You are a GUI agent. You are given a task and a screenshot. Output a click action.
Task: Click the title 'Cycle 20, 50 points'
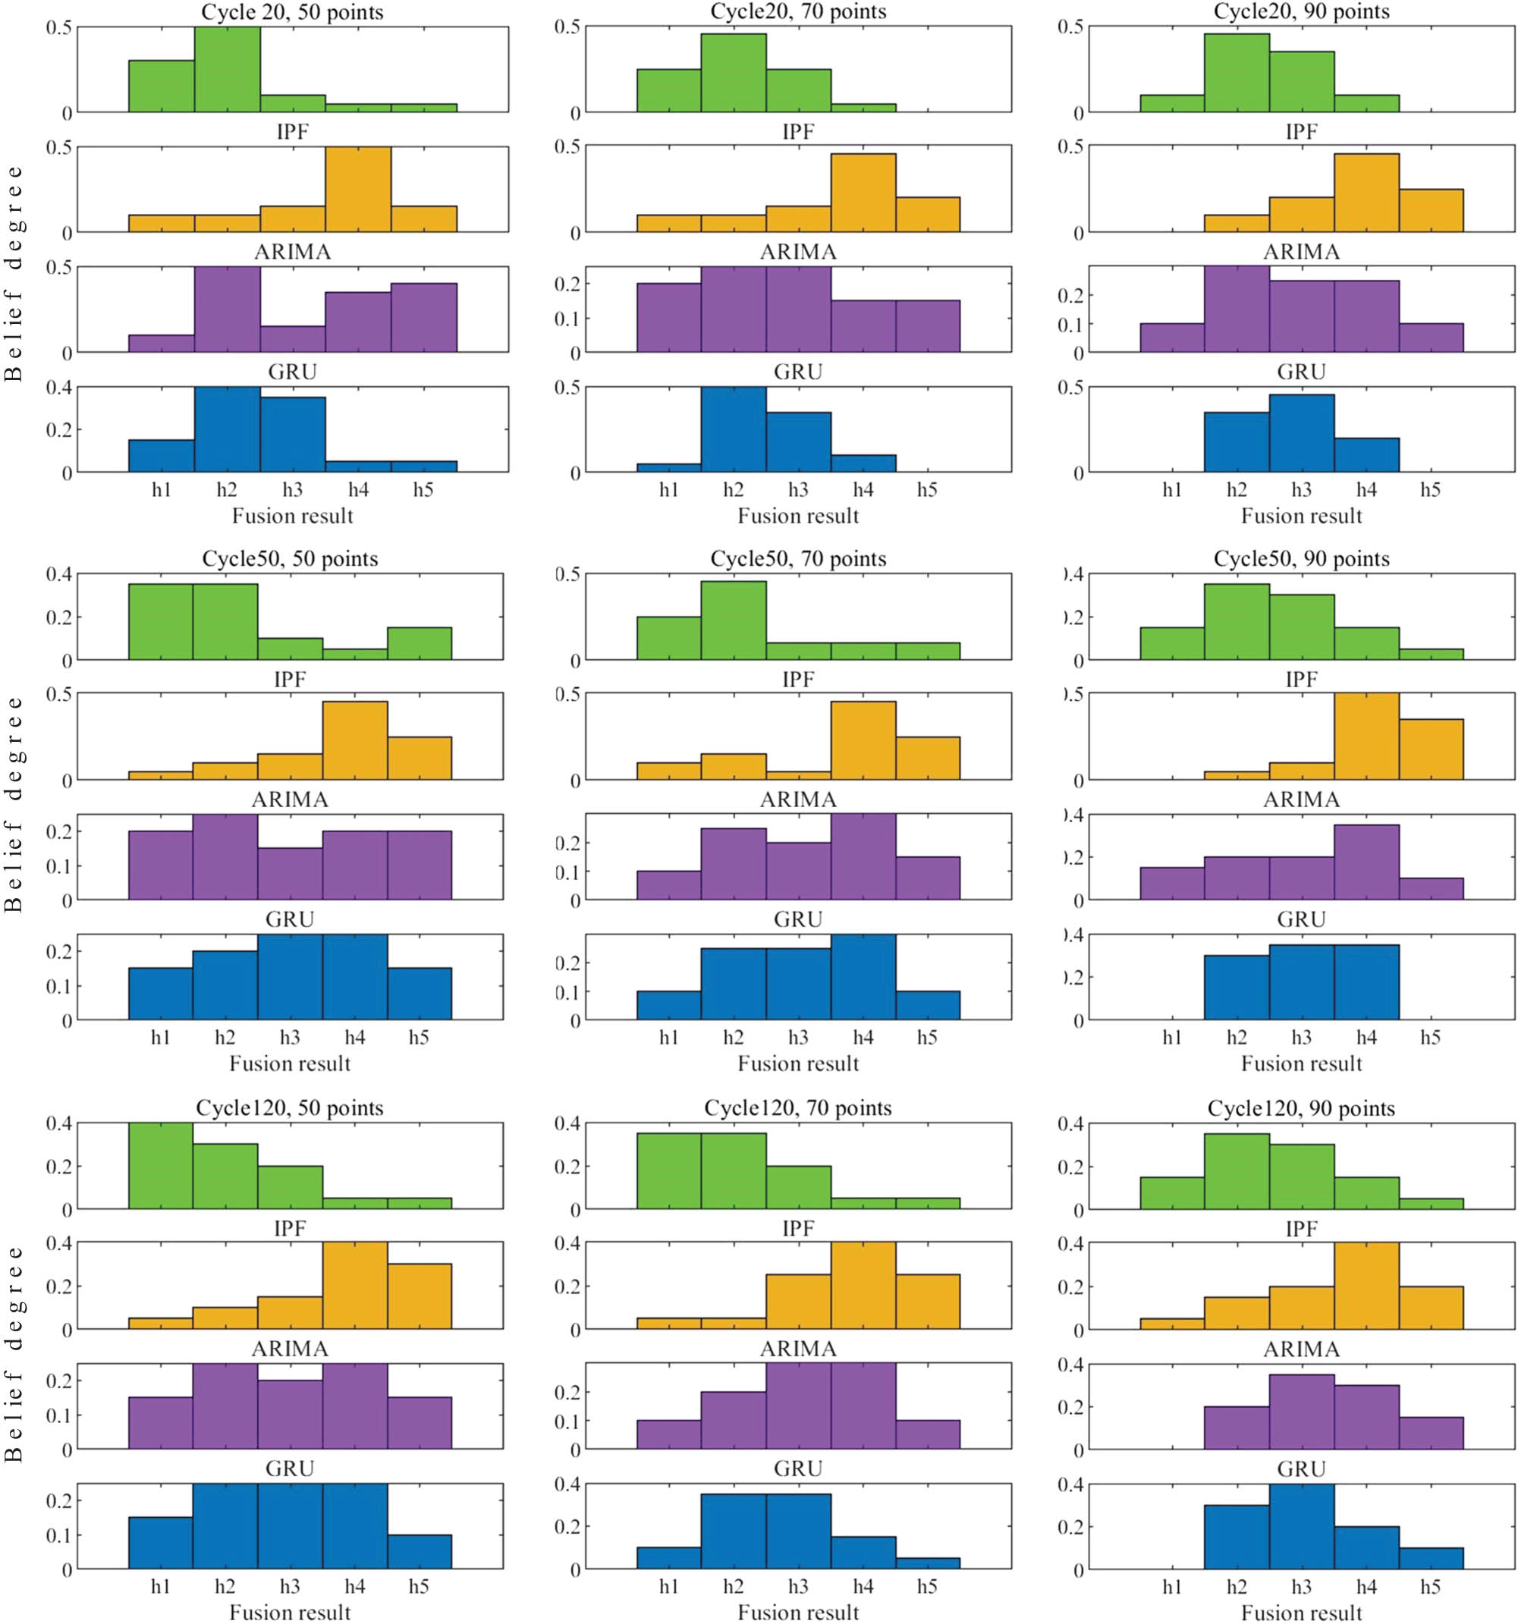click(x=293, y=11)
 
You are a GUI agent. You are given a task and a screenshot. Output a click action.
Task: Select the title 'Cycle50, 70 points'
click(x=797, y=559)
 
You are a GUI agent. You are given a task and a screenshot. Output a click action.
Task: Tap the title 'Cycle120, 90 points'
click(x=1301, y=1108)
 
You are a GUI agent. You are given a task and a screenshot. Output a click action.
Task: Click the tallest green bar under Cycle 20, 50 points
click(x=227, y=70)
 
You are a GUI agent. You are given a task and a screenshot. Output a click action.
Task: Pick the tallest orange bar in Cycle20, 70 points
click(x=863, y=193)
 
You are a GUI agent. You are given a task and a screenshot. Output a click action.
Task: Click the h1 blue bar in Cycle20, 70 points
click(x=668, y=468)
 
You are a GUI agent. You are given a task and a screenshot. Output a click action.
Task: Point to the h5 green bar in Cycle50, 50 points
click(x=419, y=643)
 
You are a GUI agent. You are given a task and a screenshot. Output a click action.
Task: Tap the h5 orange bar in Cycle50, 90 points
click(x=1431, y=749)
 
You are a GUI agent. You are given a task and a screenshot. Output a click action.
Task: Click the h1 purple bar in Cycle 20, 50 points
click(x=162, y=344)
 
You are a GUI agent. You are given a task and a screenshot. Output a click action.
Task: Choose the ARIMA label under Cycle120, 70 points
click(x=797, y=1349)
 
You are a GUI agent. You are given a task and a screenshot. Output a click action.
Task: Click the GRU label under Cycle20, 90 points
click(x=1301, y=372)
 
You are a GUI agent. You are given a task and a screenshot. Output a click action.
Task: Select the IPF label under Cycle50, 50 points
click(x=290, y=680)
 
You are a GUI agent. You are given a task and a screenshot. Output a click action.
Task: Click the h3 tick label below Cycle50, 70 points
click(x=797, y=1038)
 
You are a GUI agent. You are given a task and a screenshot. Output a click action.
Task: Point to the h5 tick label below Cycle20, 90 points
click(x=1430, y=490)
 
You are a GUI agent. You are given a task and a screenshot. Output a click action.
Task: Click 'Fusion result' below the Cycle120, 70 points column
click(x=797, y=1613)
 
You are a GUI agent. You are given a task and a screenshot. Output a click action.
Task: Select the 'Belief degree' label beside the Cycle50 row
click(x=13, y=804)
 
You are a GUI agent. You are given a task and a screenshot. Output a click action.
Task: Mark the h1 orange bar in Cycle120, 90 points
click(x=1171, y=1324)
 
